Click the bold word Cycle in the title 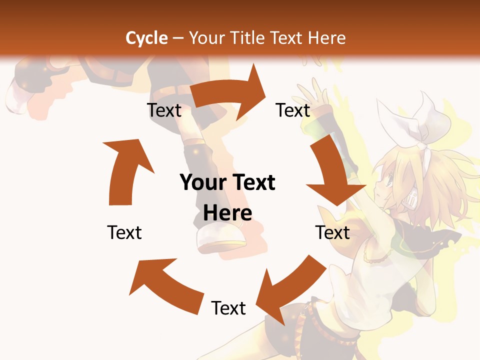(x=146, y=37)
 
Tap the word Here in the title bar (x=326, y=37)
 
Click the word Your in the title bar (x=207, y=37)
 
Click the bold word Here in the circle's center (x=227, y=213)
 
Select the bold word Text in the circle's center (x=252, y=182)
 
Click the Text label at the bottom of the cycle (x=228, y=308)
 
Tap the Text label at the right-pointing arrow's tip (x=293, y=110)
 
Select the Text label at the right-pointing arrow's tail (x=164, y=110)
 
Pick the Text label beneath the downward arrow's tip (x=332, y=232)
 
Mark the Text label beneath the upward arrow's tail (x=124, y=232)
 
